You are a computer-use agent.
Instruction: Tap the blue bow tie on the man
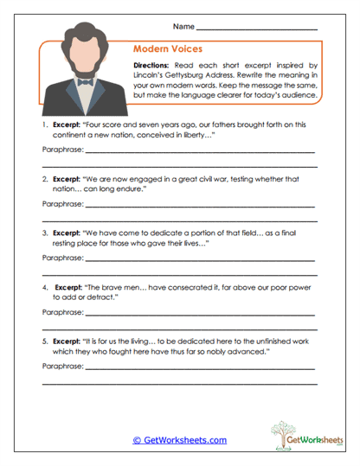point(84,83)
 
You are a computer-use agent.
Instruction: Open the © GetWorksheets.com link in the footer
point(179,440)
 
